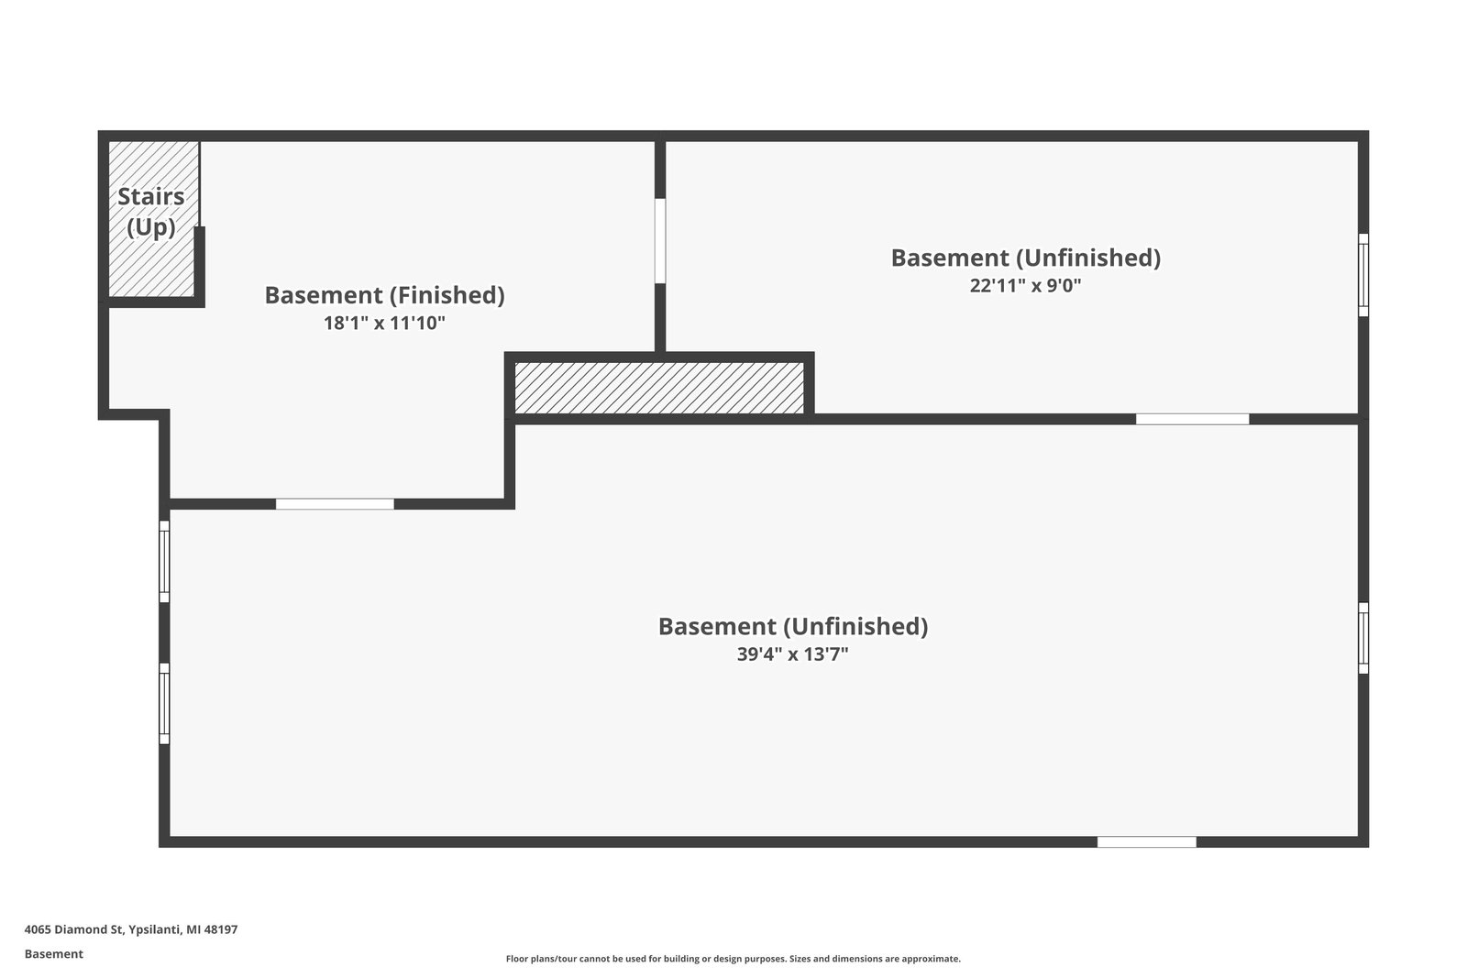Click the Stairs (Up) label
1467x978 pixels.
[151, 212]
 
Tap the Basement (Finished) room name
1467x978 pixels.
[384, 295]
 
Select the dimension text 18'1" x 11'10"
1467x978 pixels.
[384, 323]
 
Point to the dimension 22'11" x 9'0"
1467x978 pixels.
[1025, 285]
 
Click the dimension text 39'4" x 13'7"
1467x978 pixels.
[792, 654]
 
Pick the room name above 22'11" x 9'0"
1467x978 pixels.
[1025, 258]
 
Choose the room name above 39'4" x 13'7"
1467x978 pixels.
[792, 626]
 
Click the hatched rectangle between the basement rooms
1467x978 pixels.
[658, 388]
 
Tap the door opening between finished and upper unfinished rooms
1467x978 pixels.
[660, 241]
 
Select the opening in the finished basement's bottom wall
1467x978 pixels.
[335, 504]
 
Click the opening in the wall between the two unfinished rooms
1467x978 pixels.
[1192, 419]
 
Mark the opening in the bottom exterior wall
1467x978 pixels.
[1146, 841]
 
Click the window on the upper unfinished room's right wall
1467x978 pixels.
[1363, 275]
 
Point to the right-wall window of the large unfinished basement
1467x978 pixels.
[1363, 638]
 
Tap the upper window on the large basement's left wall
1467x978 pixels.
[164, 562]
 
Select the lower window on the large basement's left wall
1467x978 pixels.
[164, 704]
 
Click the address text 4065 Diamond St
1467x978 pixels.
[73, 929]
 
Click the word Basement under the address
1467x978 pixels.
[53, 954]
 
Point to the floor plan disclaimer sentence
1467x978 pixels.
[733, 959]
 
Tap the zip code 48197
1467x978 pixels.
[221, 929]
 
